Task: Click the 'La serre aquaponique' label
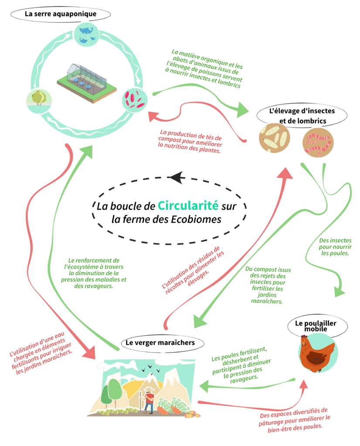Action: (x=60, y=14)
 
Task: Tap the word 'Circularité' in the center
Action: (x=188, y=206)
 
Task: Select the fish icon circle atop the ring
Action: (x=85, y=34)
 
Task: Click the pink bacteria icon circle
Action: (x=134, y=98)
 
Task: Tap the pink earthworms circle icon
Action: (x=318, y=142)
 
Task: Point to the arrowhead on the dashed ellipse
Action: (x=177, y=177)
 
